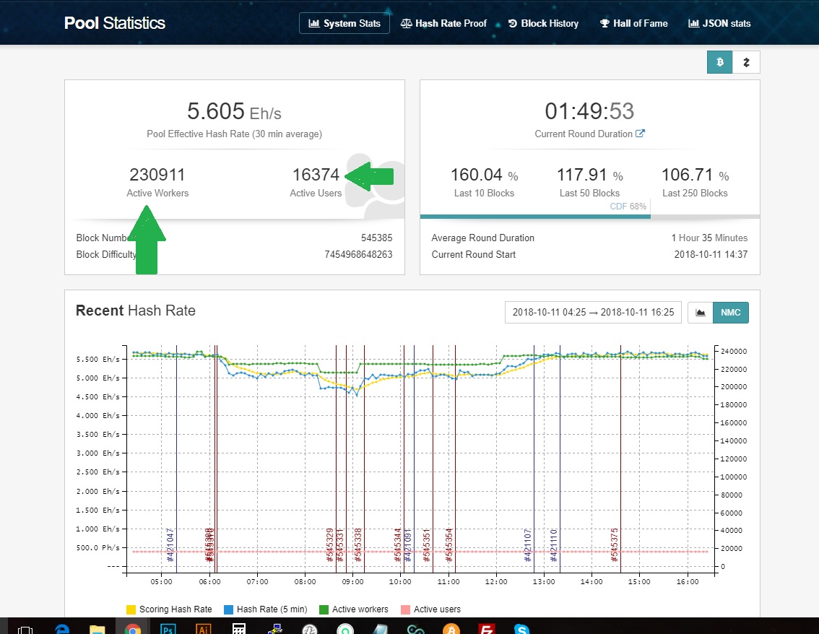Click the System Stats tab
[x=344, y=23]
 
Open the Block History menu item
[x=543, y=23]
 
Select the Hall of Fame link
[x=633, y=23]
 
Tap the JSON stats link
[x=719, y=23]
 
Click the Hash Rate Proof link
[x=443, y=23]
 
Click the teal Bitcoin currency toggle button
[x=719, y=62]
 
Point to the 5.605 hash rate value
[x=215, y=111]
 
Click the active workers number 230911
[x=157, y=175]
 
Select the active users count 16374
[x=316, y=175]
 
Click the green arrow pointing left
[x=370, y=176]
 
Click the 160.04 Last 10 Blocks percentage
[x=476, y=175]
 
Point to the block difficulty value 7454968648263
[x=358, y=254]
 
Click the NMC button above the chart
[x=731, y=313]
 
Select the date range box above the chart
[x=593, y=313]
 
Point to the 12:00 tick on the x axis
[x=496, y=581]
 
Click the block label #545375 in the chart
[x=615, y=545]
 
